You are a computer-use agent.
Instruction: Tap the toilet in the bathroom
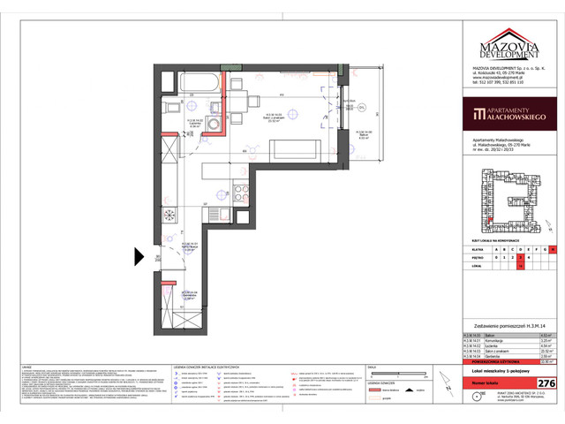coord(169,110)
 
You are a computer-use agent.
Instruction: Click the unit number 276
coord(546,382)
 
